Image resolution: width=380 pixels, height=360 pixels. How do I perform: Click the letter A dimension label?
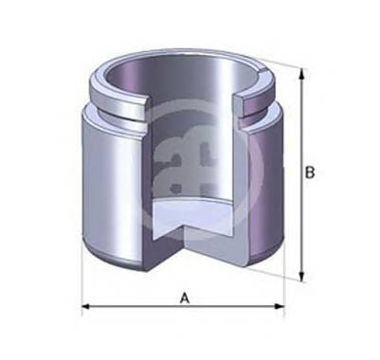click(186, 297)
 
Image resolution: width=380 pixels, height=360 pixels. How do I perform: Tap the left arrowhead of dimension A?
click(86, 307)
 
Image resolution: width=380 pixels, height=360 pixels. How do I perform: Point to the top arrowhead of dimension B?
click(302, 74)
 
